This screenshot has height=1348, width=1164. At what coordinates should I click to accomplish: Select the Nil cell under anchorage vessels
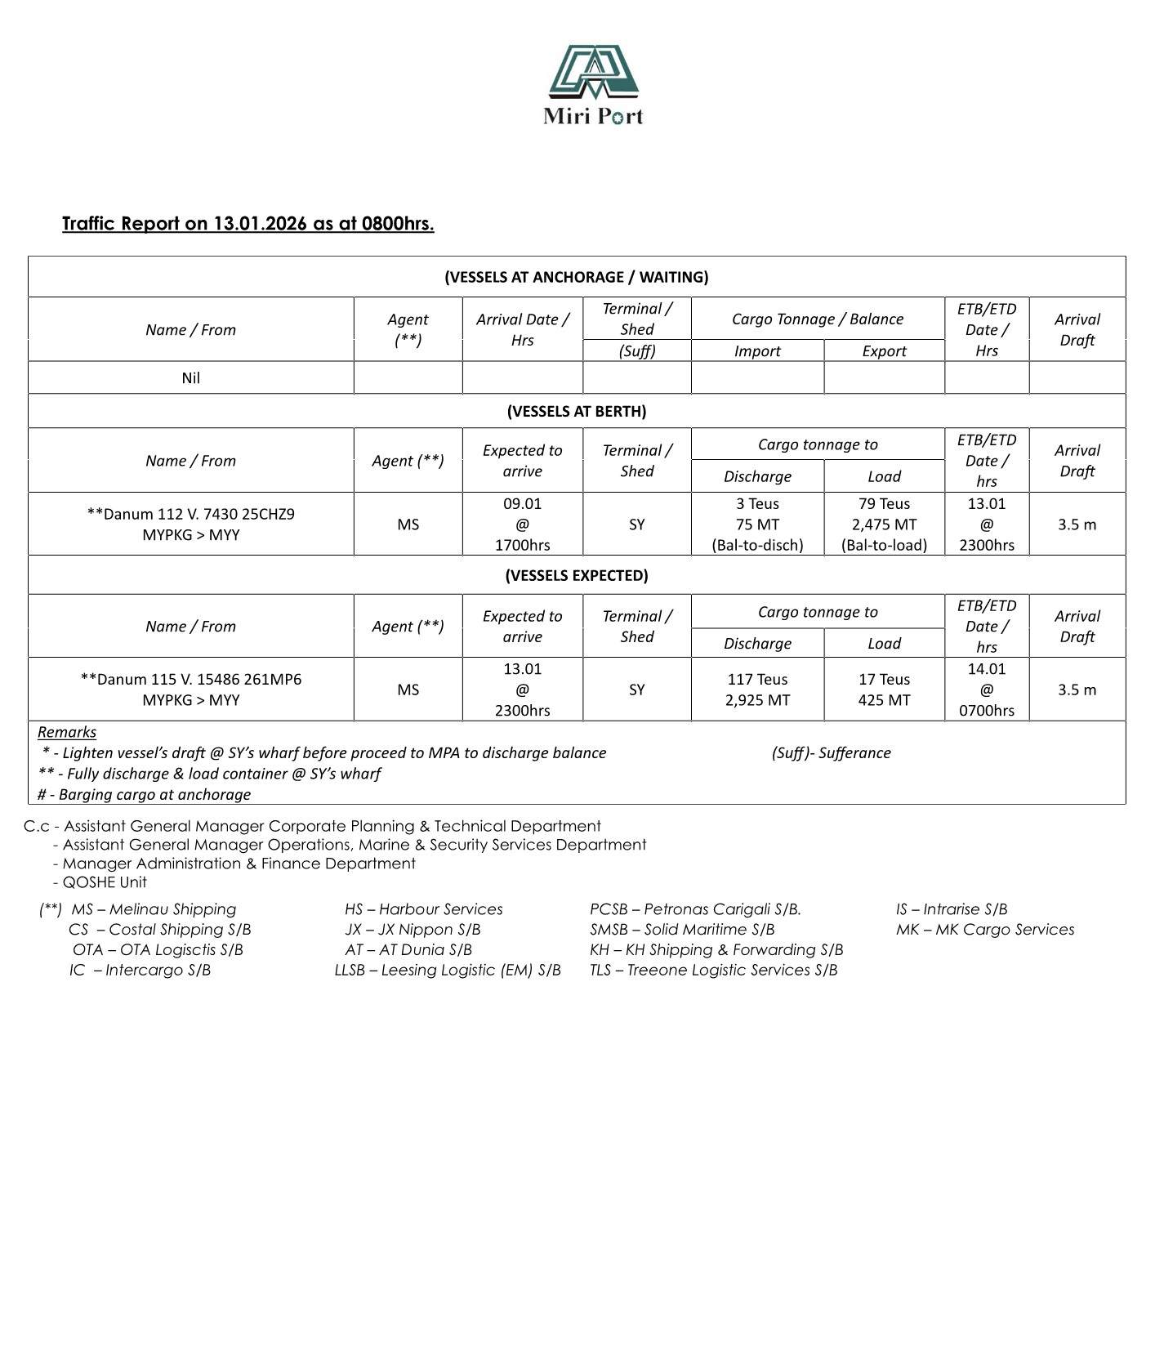(x=190, y=378)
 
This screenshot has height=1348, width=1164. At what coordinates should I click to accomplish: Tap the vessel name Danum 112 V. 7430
(x=190, y=515)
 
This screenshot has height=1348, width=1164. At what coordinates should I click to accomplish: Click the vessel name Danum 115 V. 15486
(x=190, y=680)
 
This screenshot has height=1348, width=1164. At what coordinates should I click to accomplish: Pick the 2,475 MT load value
(x=884, y=524)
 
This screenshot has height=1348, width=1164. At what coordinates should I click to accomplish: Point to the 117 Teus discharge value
(x=757, y=680)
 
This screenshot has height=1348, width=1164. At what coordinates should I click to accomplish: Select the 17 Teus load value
(x=884, y=680)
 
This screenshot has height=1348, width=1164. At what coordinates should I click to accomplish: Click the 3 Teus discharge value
(x=757, y=504)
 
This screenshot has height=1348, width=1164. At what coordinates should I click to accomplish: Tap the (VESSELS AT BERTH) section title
(x=576, y=412)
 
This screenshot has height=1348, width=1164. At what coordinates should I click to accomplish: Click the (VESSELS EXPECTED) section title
(x=576, y=576)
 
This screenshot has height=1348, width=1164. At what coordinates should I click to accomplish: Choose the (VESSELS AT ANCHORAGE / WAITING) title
(x=576, y=277)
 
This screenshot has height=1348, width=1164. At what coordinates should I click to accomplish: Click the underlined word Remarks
(x=67, y=733)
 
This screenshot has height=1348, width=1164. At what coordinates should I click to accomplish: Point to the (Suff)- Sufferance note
(x=831, y=753)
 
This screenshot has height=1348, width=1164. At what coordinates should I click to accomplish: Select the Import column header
(x=757, y=351)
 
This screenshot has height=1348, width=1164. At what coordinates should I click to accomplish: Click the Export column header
(x=884, y=351)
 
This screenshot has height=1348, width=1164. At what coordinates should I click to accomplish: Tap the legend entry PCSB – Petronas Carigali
(x=695, y=909)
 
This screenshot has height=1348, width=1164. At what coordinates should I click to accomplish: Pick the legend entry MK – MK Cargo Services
(x=984, y=930)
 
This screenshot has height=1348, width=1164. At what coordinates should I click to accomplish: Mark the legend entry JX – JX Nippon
(x=413, y=930)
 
